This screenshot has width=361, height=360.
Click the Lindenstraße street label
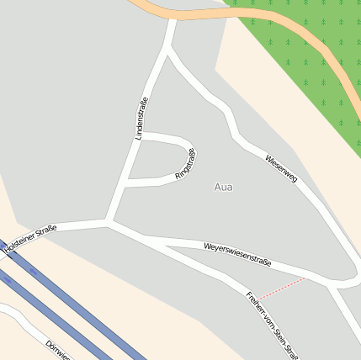[141, 118]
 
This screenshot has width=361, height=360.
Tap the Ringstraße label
[185, 162]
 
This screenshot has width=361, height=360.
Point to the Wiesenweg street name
[281, 169]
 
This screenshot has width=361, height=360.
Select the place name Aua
[223, 187]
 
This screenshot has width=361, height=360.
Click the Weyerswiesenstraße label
[237, 254]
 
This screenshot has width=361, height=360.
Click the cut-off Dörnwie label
[58, 350]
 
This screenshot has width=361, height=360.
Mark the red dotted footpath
[281, 289]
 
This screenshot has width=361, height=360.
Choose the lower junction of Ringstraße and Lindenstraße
[126, 181]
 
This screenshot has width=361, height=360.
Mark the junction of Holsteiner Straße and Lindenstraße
[109, 223]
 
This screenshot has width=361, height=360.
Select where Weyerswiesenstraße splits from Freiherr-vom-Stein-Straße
[141, 239]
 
